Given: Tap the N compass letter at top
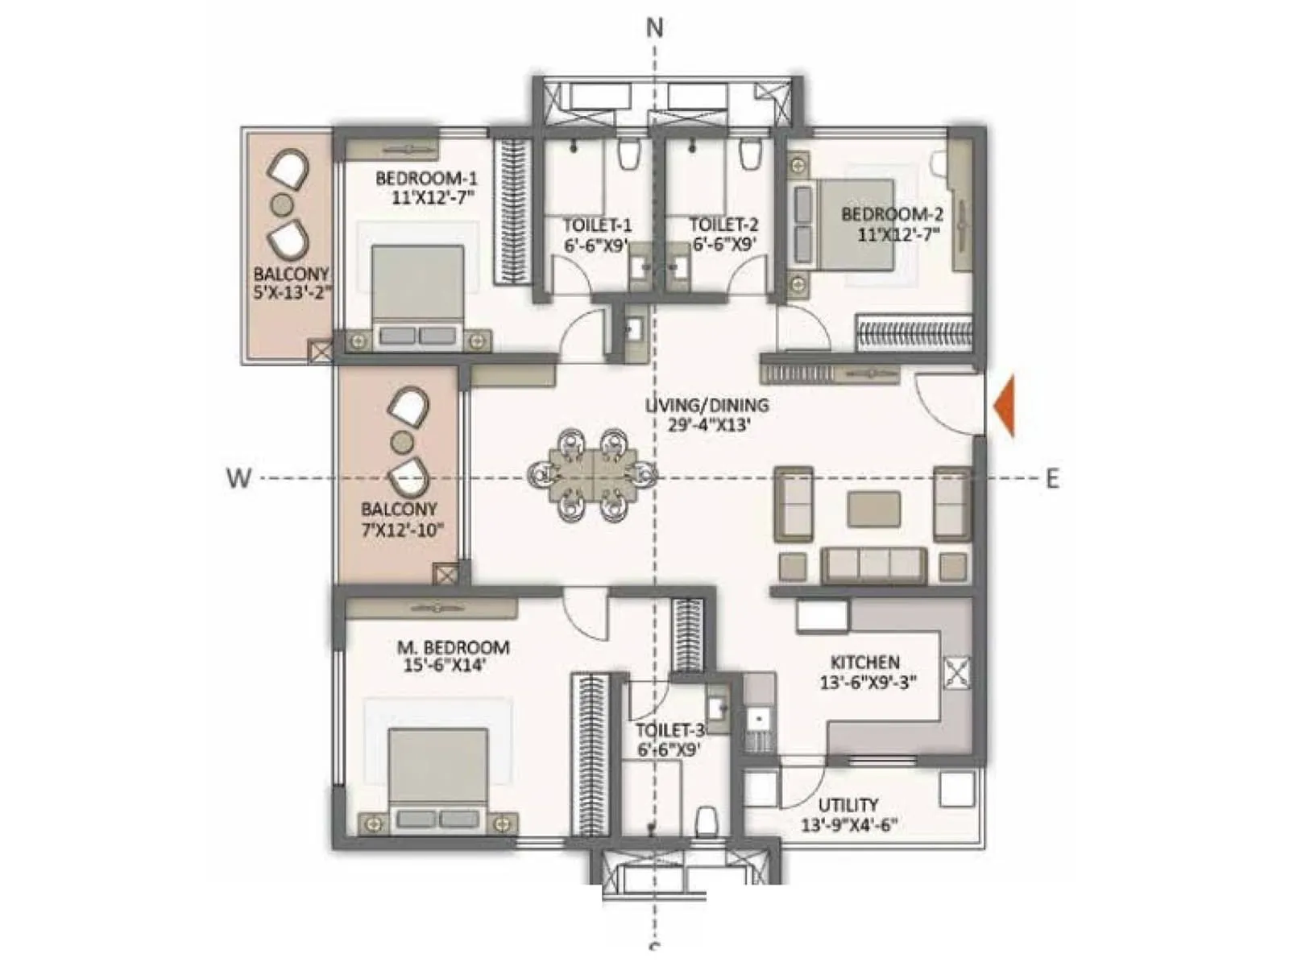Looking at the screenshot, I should [655, 28].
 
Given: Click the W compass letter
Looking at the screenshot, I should [238, 478].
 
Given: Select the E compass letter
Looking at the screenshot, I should [1052, 479].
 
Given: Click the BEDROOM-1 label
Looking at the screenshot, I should [426, 178].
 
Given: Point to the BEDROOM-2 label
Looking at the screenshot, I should [892, 214].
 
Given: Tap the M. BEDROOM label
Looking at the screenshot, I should [453, 647].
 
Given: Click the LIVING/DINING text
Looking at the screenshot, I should [707, 405].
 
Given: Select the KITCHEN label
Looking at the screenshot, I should [865, 662].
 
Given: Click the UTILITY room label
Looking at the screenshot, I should [848, 805].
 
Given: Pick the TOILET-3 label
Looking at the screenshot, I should [669, 730].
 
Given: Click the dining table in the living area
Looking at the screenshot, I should [593, 477].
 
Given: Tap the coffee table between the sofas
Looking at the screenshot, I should [873, 510].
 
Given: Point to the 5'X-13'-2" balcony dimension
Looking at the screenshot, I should [292, 293].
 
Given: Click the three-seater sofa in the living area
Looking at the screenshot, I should [873, 565].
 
